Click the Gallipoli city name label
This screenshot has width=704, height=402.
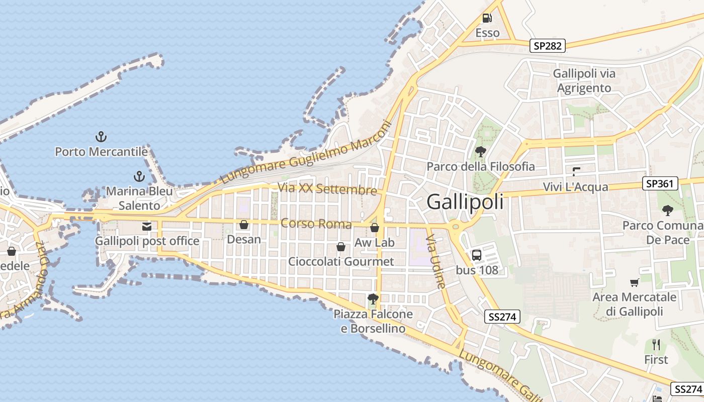(x=465, y=202)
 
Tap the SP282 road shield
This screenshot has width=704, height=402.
(x=548, y=46)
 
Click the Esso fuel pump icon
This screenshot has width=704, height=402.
(x=487, y=18)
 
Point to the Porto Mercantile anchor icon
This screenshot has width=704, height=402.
(x=101, y=136)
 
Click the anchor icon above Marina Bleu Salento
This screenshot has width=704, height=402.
(x=139, y=176)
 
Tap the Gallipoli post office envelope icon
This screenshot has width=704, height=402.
(x=147, y=227)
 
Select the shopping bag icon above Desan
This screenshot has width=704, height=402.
(x=244, y=225)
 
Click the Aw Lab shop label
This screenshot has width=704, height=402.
(x=375, y=243)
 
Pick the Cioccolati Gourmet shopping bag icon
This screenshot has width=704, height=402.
(x=341, y=247)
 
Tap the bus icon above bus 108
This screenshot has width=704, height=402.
(x=476, y=255)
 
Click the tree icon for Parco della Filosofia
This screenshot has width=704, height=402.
(x=480, y=151)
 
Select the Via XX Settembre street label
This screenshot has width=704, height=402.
(x=327, y=189)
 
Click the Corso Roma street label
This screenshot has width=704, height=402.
(x=316, y=223)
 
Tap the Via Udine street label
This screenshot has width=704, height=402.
(x=436, y=261)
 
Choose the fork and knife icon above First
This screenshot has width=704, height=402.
(x=656, y=345)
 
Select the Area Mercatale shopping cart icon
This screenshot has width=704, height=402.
(x=634, y=282)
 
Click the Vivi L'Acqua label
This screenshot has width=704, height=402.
(x=575, y=187)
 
